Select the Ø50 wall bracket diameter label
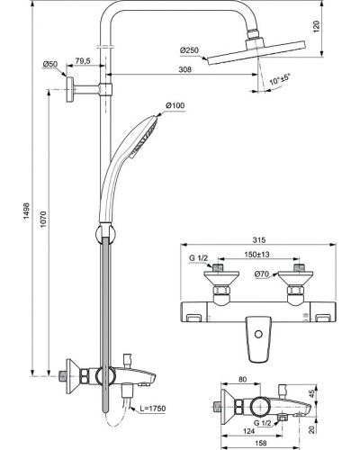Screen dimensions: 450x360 tap(50, 64)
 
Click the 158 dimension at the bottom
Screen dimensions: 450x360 tap(261, 442)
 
